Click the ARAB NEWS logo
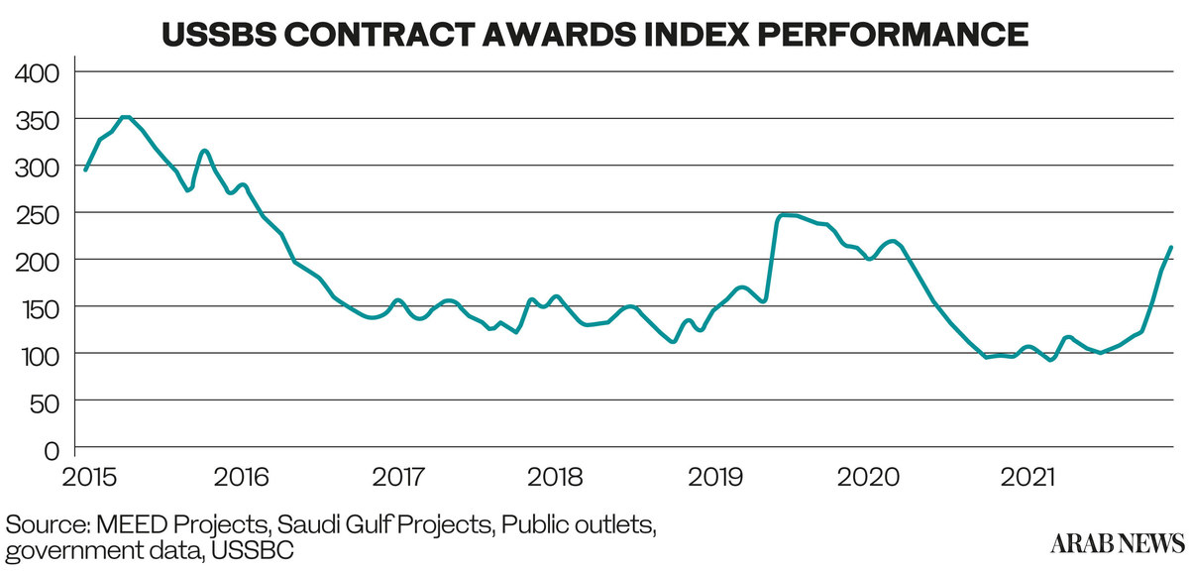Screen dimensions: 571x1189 click(1118, 542)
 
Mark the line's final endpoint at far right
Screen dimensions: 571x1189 click(1171, 247)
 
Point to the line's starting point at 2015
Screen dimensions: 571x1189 click(85, 170)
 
